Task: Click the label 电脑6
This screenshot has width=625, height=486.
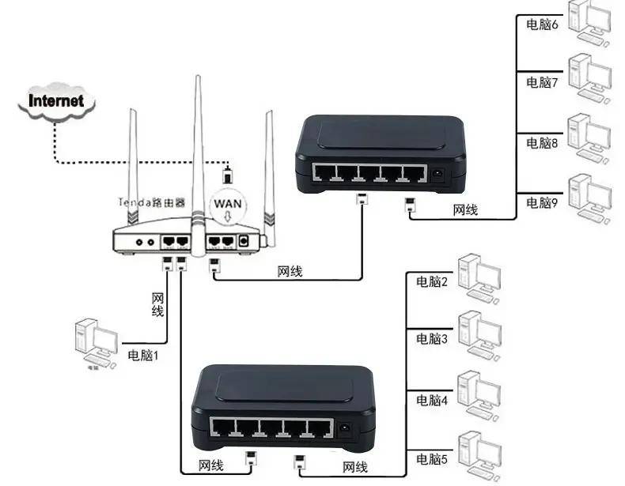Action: coord(542,24)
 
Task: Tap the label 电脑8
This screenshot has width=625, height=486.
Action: coord(542,143)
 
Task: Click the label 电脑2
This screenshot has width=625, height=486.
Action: coord(432,282)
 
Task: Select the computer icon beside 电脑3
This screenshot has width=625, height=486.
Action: coord(479,331)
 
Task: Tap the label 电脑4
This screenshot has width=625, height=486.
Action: coord(432,401)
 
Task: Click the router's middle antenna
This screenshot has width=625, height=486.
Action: coord(196,142)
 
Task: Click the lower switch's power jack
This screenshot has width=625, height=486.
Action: coord(344,430)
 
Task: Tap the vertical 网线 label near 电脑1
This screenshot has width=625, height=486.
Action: coord(157,305)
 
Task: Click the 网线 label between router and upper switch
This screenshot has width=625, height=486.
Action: coord(290,273)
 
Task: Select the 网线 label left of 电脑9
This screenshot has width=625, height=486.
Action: coord(465,210)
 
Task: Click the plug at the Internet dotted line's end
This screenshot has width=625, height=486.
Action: coord(228,172)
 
